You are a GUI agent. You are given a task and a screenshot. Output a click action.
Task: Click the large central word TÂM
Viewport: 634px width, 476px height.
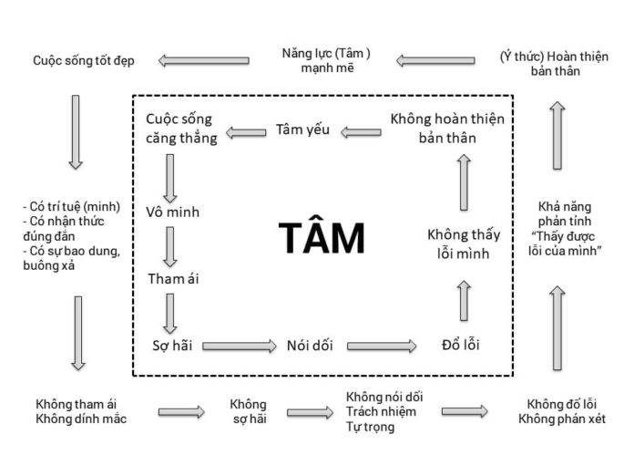point(321,238)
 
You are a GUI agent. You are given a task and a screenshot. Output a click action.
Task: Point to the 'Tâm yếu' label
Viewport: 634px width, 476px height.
point(302,129)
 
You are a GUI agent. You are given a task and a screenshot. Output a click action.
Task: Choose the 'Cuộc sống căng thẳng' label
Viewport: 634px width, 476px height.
point(181,129)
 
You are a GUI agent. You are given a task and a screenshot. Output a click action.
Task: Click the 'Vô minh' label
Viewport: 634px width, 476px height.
point(172,212)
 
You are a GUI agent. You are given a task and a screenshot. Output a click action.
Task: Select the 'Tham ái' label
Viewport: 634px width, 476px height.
point(172,278)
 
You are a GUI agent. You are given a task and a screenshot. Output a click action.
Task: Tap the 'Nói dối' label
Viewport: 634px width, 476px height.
point(309,346)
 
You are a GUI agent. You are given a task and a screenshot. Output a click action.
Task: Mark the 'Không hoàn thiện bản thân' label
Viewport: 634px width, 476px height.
point(447,129)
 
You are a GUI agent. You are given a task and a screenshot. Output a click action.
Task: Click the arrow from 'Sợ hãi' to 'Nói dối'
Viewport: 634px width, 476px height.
point(239,346)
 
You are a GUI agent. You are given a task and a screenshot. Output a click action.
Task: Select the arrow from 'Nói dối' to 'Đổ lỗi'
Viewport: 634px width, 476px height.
point(382,346)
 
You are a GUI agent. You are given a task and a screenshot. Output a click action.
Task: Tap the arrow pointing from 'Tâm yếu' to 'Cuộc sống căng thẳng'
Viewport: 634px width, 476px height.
point(244,132)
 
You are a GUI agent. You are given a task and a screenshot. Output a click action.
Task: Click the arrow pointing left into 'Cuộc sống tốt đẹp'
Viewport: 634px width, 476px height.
point(203,61)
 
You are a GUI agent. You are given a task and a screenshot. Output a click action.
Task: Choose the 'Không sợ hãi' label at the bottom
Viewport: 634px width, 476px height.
point(249,412)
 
